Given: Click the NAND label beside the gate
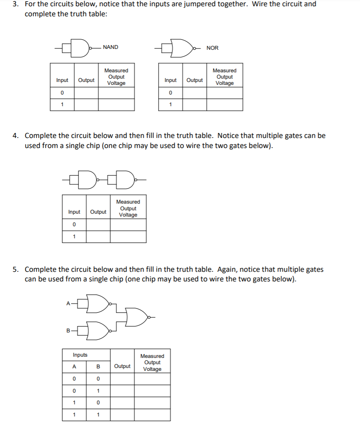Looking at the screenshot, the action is point(111,47).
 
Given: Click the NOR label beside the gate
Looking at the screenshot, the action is point(212,48).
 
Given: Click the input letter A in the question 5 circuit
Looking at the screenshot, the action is point(68,304).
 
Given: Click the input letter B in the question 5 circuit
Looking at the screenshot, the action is point(68,331).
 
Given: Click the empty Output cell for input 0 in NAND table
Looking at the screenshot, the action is point(86,92).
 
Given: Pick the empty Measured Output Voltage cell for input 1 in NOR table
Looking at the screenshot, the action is point(224,105).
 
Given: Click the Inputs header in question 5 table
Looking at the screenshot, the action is point(80,355).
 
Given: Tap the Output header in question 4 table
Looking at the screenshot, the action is point(98,212).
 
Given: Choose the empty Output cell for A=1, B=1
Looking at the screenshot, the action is point(122,415).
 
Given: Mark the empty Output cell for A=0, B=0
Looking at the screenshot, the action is point(122,379).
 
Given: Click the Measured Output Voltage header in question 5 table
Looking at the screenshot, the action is point(152,363).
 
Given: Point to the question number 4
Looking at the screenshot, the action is point(15,136).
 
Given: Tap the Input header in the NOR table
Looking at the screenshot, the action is point(170,80).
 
